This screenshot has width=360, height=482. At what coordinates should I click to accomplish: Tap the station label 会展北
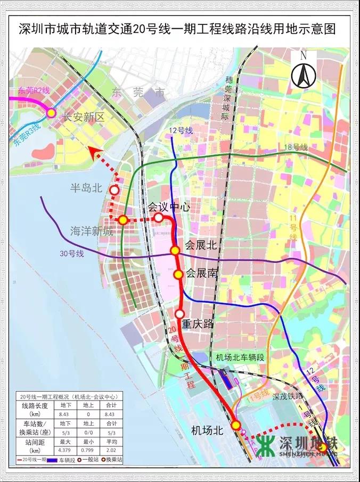click(x=201, y=245)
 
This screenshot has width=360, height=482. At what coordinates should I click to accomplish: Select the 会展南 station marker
click(x=178, y=275)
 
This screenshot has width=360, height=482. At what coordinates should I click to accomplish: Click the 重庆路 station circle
click(x=180, y=313)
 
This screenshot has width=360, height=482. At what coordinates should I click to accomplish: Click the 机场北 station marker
click(x=236, y=425)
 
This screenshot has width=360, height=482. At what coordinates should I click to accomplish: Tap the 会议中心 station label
click(x=168, y=207)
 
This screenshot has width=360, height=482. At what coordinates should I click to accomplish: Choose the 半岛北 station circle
click(x=114, y=190)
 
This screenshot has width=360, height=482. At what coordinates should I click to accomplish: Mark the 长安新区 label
click(x=83, y=118)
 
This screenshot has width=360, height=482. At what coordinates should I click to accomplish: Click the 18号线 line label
click(x=297, y=147)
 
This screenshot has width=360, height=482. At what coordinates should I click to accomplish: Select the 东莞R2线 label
click(x=33, y=90)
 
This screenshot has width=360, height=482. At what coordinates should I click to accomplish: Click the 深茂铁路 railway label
click(x=287, y=396)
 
